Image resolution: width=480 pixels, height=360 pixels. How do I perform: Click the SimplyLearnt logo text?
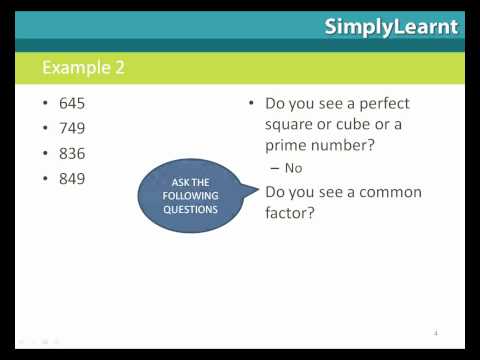pyautogui.click(x=391, y=27)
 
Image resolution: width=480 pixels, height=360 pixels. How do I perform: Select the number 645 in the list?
pyautogui.click(x=72, y=103)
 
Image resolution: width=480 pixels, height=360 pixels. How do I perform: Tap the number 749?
pyautogui.click(x=72, y=128)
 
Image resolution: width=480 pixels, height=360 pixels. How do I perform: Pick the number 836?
pyautogui.click(x=72, y=153)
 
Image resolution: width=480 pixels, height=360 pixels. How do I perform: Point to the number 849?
pyautogui.click(x=72, y=178)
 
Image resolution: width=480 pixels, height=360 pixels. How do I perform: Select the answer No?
pyautogui.click(x=293, y=168)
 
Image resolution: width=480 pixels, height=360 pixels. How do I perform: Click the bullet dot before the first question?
pyautogui.click(x=251, y=104)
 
